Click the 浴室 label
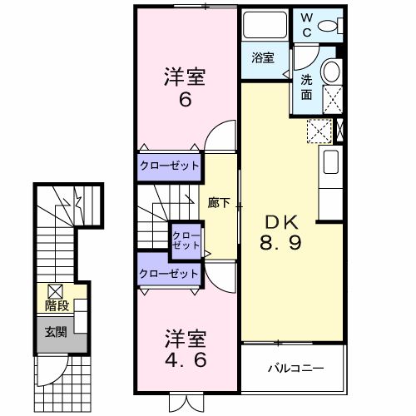click(264, 58)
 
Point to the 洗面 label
click(306, 87)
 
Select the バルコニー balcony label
click(295, 368)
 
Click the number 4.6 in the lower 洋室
click(184, 361)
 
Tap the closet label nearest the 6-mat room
click(169, 165)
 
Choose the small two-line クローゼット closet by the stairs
click(186, 240)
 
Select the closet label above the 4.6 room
click(169, 273)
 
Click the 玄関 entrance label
click(56, 334)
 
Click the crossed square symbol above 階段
click(56, 291)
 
